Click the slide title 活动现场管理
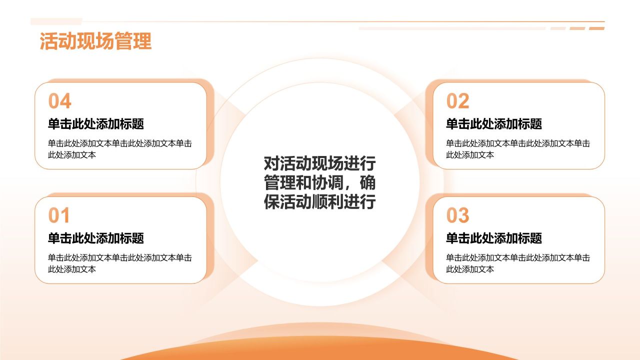click(x=95, y=41)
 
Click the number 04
click(x=59, y=101)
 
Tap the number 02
click(x=457, y=101)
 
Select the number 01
click(x=59, y=215)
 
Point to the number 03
click(x=457, y=215)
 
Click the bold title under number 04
click(x=95, y=124)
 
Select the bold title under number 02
click(x=494, y=124)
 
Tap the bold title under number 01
click(x=95, y=238)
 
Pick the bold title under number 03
click(x=494, y=238)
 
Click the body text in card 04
click(x=119, y=149)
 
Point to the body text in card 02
click(x=518, y=149)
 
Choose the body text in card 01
click(x=119, y=263)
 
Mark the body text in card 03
click(x=518, y=263)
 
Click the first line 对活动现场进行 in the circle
click(x=319, y=163)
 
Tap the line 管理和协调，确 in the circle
click(x=319, y=182)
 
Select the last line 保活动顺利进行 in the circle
click(x=319, y=201)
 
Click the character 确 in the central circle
click(x=367, y=182)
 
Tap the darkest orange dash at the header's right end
click(x=596, y=28)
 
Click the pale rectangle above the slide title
click(x=56, y=21)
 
